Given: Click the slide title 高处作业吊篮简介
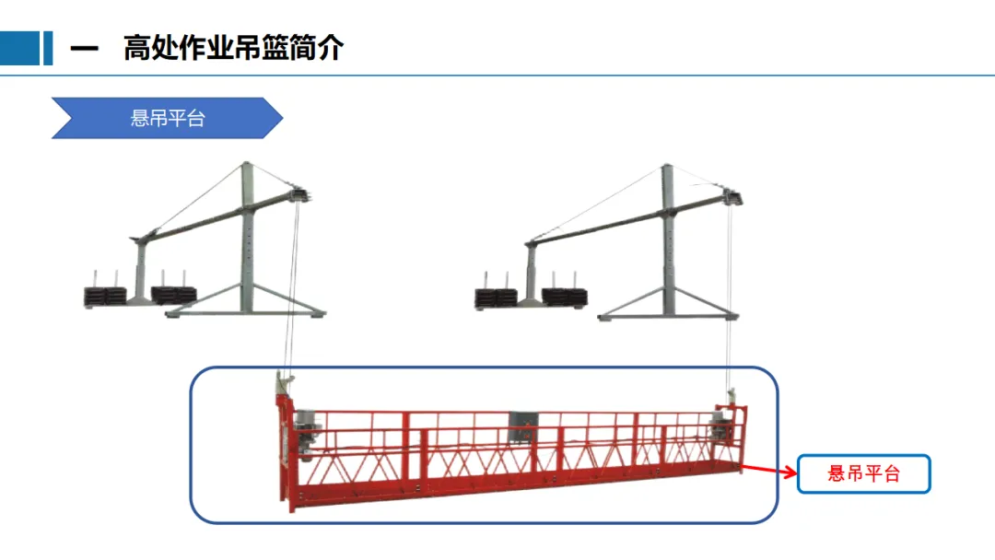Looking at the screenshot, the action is coord(233,48).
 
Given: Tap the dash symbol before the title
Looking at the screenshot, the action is coord(84,49).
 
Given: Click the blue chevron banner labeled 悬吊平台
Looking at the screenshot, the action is coord(167,118).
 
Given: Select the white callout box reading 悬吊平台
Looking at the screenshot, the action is coord(863,473).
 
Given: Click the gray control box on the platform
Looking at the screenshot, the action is coord(521,426).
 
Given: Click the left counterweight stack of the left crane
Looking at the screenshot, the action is coord(104,295).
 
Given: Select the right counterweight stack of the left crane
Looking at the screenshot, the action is coord(173,294).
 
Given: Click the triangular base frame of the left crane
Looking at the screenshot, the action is coord(247,303).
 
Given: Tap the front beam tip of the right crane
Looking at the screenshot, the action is coord(732,195).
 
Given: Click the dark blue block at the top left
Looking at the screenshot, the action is coord(20,48).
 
